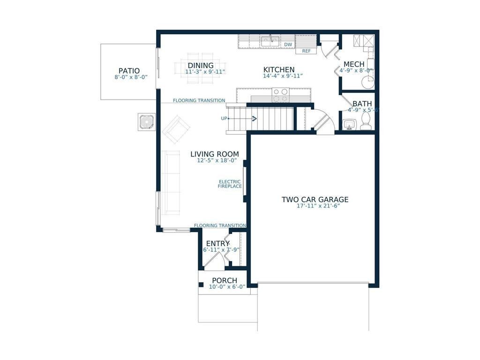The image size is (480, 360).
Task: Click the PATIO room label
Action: click(129, 71)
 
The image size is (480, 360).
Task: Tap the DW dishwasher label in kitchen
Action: click(288, 45)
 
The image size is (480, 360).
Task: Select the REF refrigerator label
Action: click(306, 51)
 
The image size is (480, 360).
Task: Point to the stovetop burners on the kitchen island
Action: click(280, 95)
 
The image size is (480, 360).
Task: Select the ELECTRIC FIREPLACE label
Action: click(230, 184)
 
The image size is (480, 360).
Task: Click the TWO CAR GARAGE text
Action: click(315, 200)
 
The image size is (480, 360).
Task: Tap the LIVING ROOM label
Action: click(214, 154)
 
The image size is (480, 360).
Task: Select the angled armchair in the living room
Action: click(176, 129)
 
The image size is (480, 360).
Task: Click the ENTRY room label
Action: click(217, 243)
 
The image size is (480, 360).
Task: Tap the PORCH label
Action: click(225, 280)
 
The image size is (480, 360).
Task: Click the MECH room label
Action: click(354, 64)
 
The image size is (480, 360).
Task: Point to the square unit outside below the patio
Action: click(147, 122)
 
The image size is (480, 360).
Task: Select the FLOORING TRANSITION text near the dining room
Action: click(199, 100)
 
